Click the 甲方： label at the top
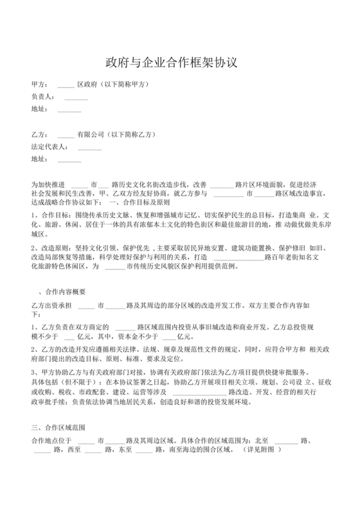40,84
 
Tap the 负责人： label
43,96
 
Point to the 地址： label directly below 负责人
40,109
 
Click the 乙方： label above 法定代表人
40,135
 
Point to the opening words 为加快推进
48,185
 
